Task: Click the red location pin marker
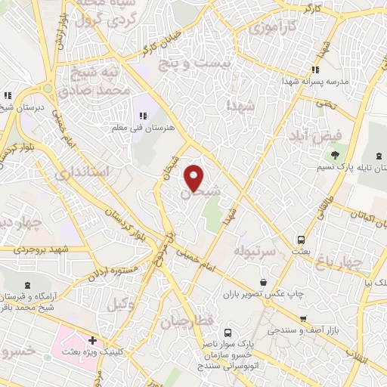coord(194,176)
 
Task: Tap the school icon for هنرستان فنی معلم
coord(142,116)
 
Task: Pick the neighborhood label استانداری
coord(83,172)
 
